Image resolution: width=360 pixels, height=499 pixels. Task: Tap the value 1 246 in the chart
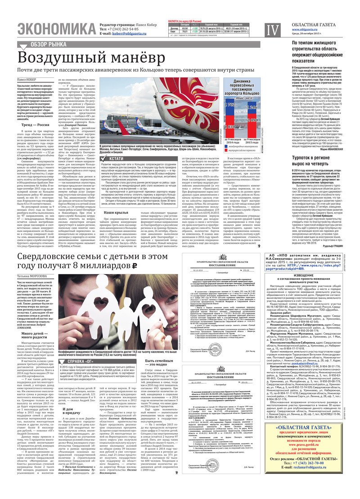[253, 108]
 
